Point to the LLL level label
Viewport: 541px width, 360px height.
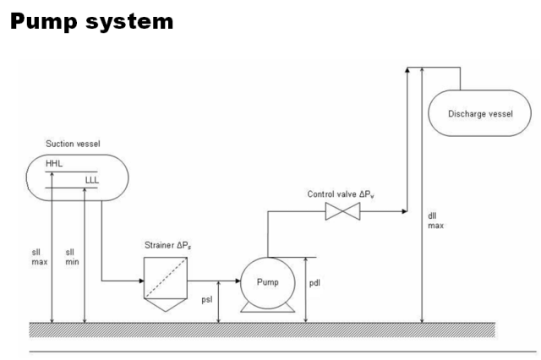[93, 179]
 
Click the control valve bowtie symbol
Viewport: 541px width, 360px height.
[342, 215]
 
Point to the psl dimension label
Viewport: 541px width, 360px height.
[232, 297]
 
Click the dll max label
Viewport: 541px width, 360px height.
[433, 221]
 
